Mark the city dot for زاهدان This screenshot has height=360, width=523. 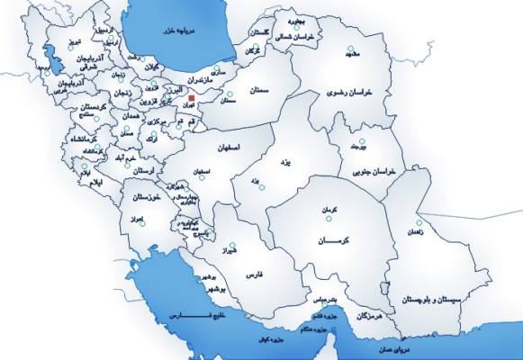coord(419,223)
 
